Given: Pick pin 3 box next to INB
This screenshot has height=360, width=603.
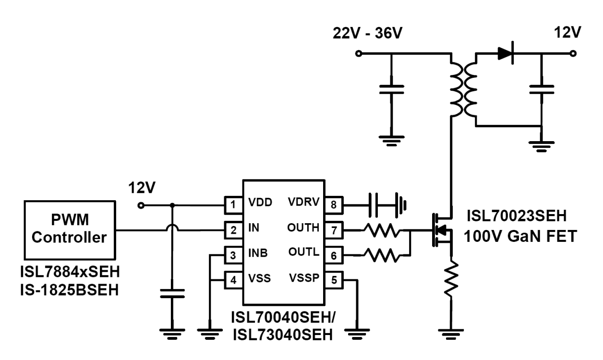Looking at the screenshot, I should [x=233, y=255].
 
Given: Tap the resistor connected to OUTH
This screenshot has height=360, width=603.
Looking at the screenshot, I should [x=381, y=230].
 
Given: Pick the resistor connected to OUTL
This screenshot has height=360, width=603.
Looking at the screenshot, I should [x=381, y=255].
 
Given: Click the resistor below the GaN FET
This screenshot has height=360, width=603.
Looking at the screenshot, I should [x=451, y=278].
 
